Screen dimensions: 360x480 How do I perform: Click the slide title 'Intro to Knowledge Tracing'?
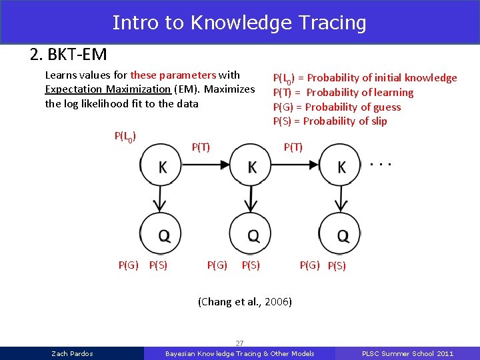[x=239, y=23]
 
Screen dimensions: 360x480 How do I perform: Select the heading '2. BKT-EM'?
[x=68, y=54]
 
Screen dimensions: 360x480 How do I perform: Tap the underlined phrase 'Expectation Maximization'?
[x=107, y=89]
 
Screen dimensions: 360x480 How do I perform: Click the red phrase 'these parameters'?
[x=173, y=75]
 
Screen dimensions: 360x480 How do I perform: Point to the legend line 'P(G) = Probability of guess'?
[x=337, y=107]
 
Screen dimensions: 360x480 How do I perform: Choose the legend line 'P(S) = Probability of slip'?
[x=329, y=121]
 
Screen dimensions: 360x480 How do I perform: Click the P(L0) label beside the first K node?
[x=125, y=137]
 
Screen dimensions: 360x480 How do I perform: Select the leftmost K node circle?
[x=160, y=167]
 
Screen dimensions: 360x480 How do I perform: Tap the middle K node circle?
[x=250, y=167]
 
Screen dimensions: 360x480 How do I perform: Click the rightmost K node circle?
[x=340, y=167]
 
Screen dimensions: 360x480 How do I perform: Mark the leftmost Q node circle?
[x=160, y=233]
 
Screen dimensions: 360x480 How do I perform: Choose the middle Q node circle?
[x=250, y=233]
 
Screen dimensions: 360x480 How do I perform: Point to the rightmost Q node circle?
[x=340, y=233]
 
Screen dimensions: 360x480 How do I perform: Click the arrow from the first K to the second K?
[x=205, y=166]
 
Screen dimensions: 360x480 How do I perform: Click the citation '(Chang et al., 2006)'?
[x=245, y=301]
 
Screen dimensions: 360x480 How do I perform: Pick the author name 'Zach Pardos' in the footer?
[x=72, y=353]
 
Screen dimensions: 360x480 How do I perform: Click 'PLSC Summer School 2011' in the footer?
[x=407, y=353]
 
